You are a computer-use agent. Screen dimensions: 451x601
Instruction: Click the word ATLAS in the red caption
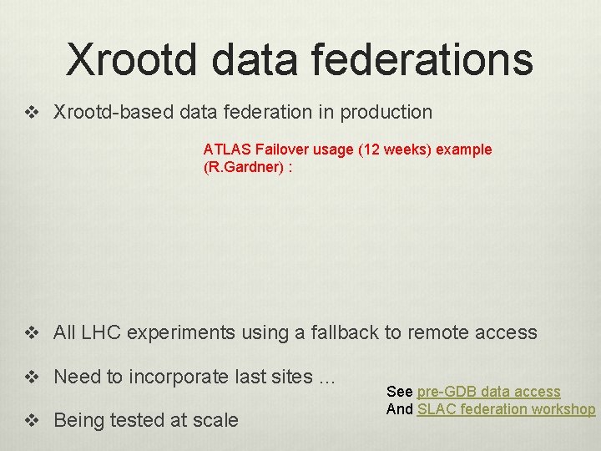227,149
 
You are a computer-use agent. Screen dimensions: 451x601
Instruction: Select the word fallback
344,332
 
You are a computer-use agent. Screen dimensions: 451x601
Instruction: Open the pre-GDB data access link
488,392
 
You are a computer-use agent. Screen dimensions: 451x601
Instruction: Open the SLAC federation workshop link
506,409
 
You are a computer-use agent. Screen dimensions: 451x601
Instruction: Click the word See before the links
399,392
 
